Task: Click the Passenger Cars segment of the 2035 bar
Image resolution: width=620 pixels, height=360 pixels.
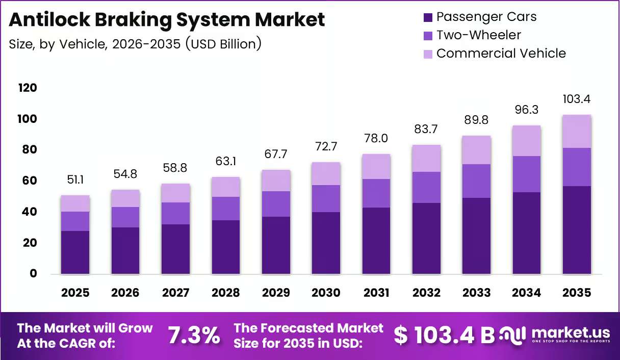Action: [x=577, y=230]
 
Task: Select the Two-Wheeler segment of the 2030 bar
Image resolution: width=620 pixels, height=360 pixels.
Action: [x=326, y=198]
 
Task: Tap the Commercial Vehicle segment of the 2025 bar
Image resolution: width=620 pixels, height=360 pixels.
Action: [x=75, y=203]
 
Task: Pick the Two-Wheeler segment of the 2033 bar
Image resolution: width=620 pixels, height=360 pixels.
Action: [x=476, y=181]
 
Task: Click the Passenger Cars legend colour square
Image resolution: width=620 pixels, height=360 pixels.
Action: [x=428, y=17]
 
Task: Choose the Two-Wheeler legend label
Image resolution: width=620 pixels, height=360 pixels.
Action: [x=479, y=35]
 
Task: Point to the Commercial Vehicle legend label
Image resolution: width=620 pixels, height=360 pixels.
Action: [x=501, y=54]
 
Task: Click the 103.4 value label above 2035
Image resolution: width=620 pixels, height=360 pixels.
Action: [x=577, y=99]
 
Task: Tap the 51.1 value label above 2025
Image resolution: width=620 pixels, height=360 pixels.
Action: [x=75, y=180]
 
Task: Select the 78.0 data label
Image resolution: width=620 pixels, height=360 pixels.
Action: [x=376, y=138]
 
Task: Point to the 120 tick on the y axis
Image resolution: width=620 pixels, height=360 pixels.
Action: [x=28, y=88]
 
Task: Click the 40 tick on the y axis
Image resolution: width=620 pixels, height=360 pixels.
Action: [x=30, y=212]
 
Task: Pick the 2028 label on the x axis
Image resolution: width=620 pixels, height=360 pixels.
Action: [x=225, y=293]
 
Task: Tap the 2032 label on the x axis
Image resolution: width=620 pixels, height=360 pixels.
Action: [x=426, y=293]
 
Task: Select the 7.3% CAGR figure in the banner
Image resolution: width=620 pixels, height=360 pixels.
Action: [x=194, y=336]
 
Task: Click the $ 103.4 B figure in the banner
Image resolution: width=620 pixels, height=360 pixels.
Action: [x=444, y=336]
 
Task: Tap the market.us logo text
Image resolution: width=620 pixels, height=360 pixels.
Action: [x=571, y=332]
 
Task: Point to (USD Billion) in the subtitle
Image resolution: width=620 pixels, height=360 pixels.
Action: [x=223, y=44]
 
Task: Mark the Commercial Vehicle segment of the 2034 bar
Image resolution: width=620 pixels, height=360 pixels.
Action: [x=527, y=141]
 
